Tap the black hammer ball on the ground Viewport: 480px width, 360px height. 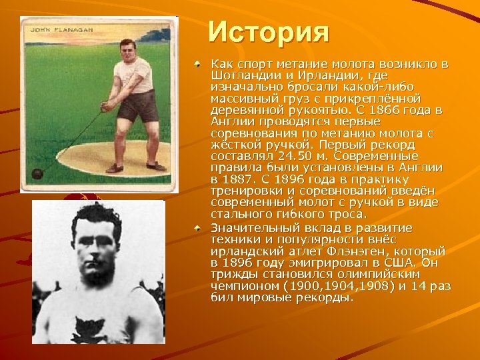tap(37, 174)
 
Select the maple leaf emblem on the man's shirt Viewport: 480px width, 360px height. tap(91, 329)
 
